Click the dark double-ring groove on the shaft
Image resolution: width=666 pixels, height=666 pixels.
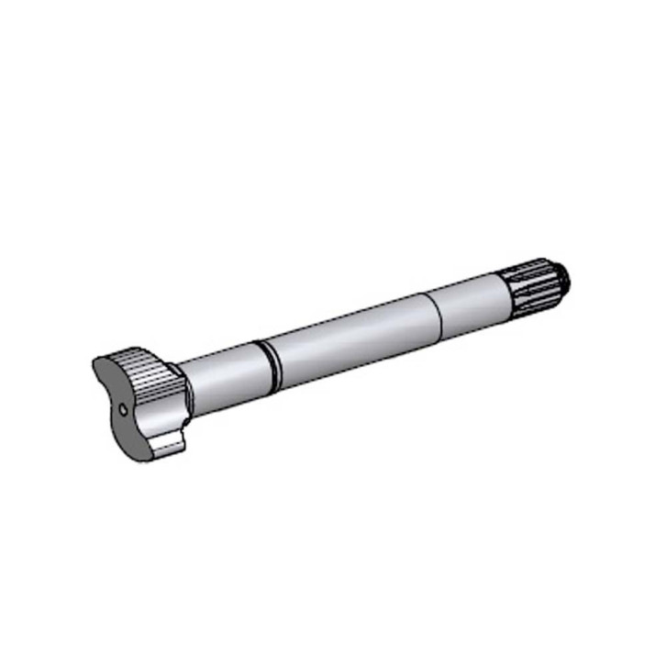[266, 358]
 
